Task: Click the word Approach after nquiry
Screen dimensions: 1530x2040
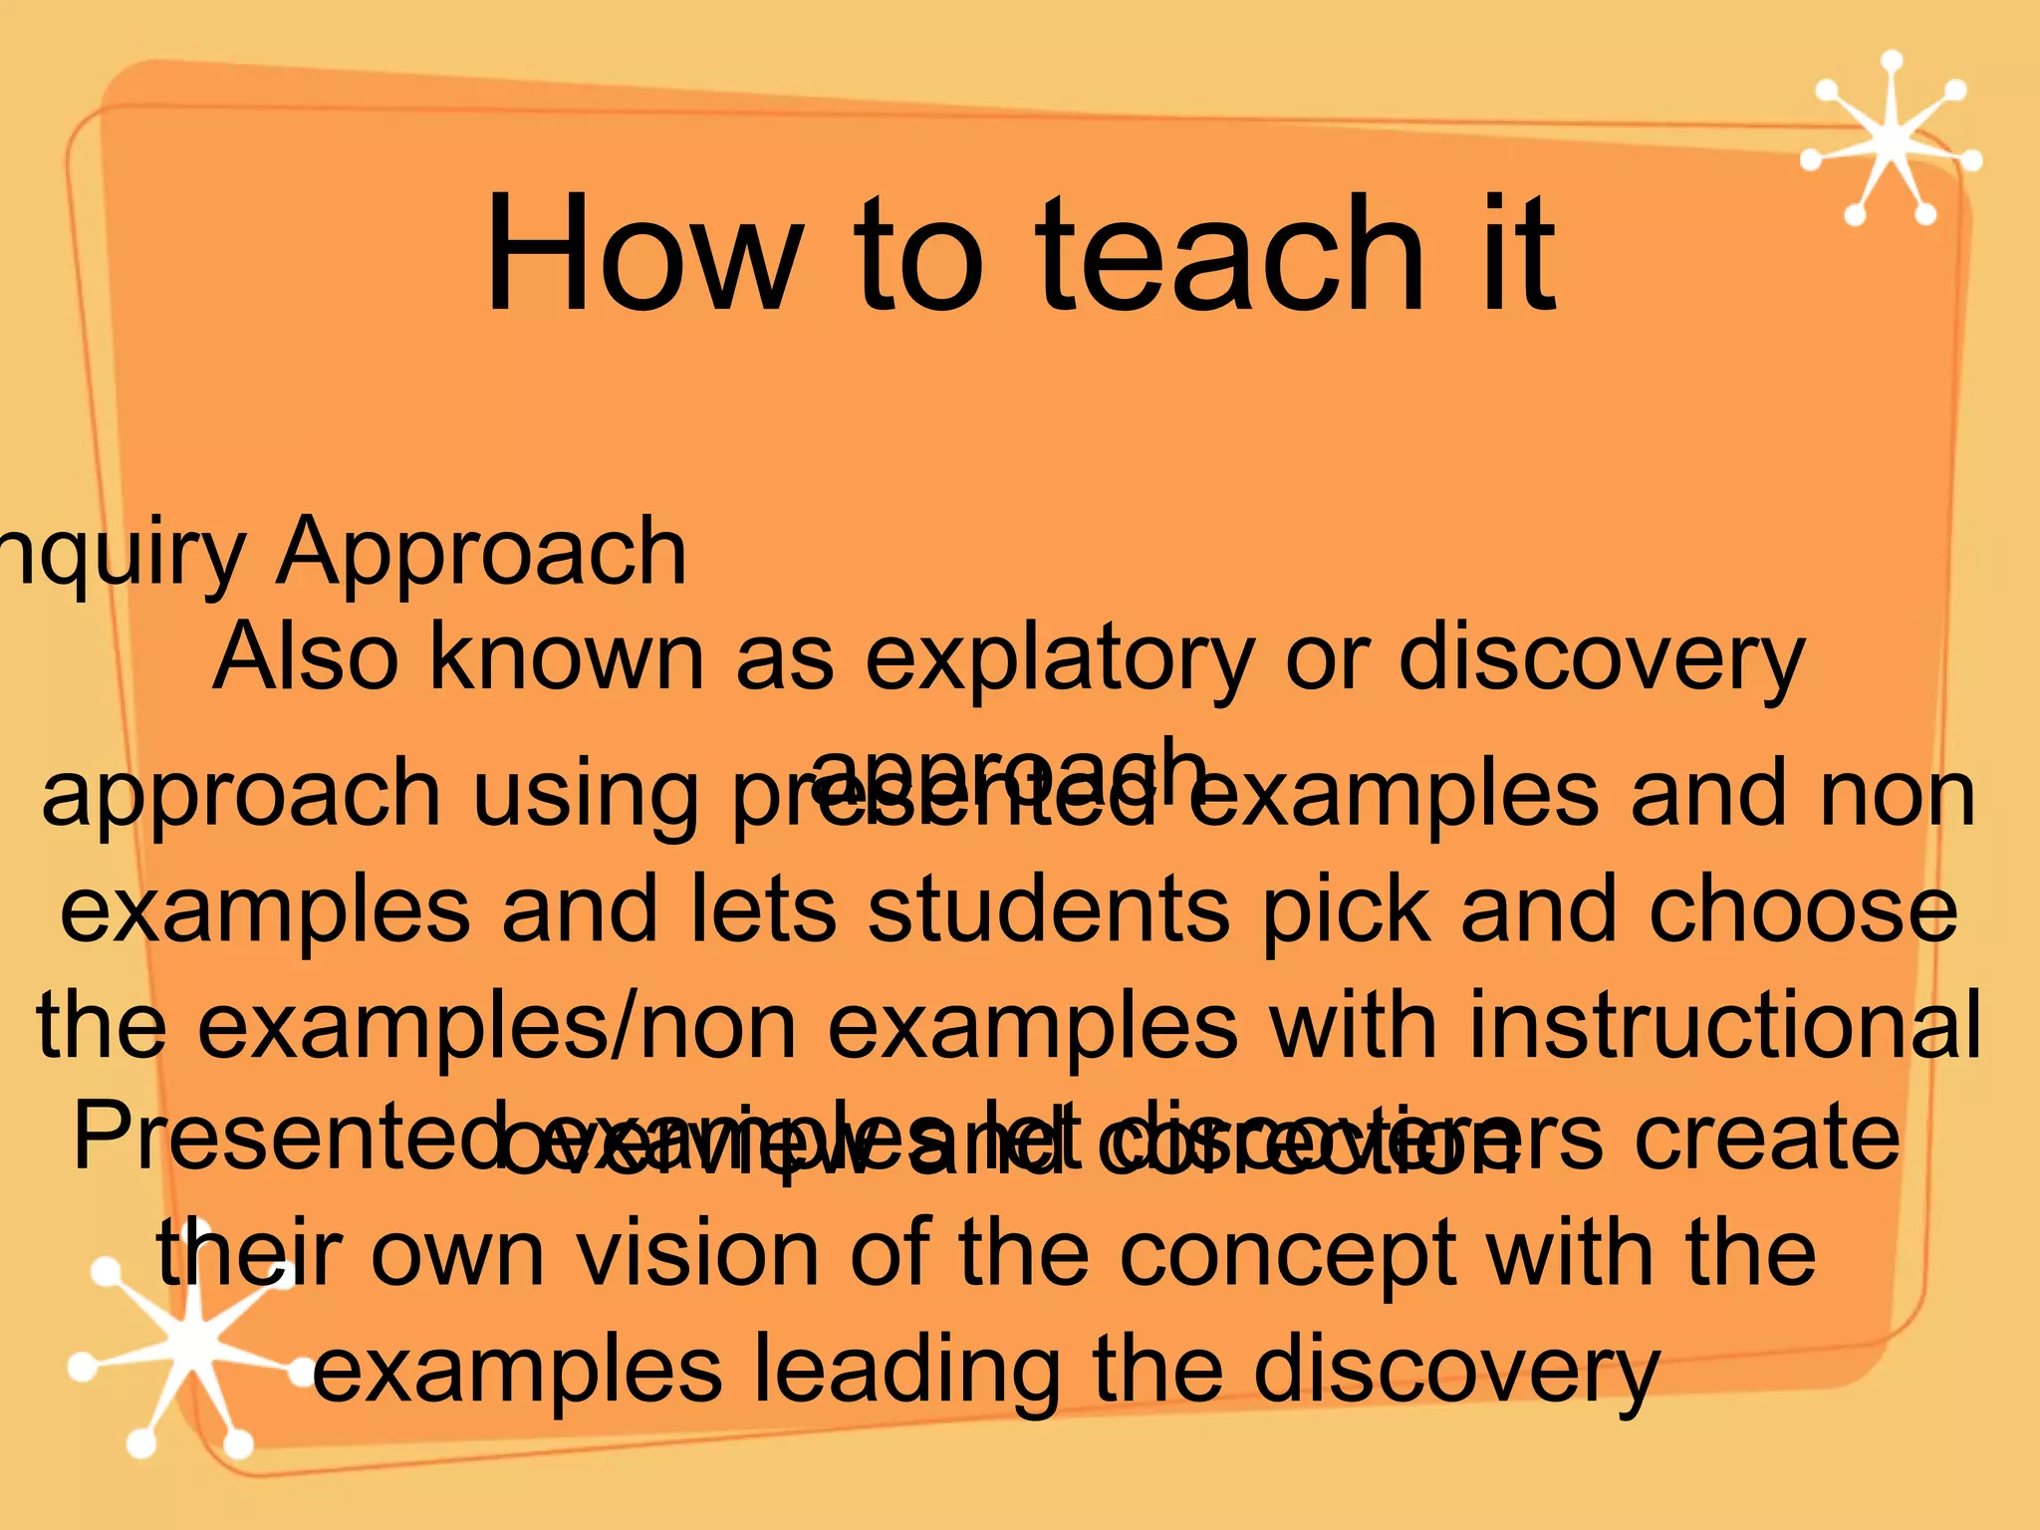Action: point(481,553)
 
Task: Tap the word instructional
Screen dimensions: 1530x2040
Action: point(1723,1026)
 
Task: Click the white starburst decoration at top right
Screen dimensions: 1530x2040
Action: point(1890,140)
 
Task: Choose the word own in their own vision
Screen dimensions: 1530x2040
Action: point(457,1255)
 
